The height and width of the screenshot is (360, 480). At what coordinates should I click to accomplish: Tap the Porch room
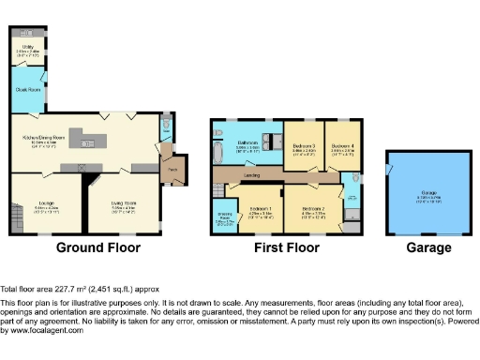tap(172, 170)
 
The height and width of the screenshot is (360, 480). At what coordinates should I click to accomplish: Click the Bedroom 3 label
tap(302, 146)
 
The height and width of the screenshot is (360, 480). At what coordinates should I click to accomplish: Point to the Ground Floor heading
tap(98, 248)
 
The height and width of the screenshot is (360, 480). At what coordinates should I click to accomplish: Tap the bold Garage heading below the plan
tap(428, 248)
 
